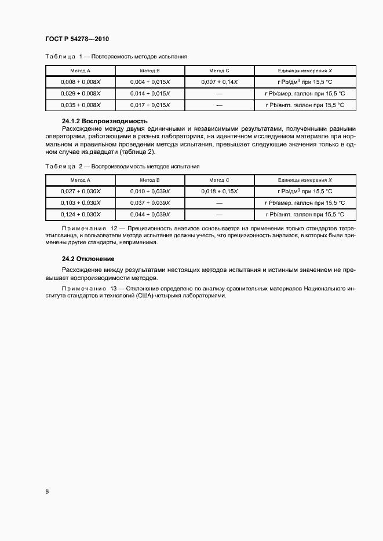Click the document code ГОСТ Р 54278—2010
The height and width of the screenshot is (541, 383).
pos(76,39)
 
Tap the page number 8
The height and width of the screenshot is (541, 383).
pos(47,491)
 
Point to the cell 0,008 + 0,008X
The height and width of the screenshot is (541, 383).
pos(81,82)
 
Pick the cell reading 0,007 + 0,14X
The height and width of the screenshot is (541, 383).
pos(220,82)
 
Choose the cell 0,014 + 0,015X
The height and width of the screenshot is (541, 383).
pos(150,93)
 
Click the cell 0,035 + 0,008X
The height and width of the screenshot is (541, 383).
pos(81,105)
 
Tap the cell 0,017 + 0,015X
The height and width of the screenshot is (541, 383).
pos(150,105)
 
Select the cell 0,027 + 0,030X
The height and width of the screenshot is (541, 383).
pos(81,191)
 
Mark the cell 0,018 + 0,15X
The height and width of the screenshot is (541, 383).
pos(220,191)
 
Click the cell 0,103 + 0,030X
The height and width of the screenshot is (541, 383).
pos(81,203)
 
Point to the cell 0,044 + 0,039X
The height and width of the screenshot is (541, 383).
pos(150,214)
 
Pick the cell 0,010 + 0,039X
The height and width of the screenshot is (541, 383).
pos(150,191)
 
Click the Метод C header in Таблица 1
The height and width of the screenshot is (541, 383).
pos(220,70)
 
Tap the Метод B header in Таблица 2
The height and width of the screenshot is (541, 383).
pos(150,180)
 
